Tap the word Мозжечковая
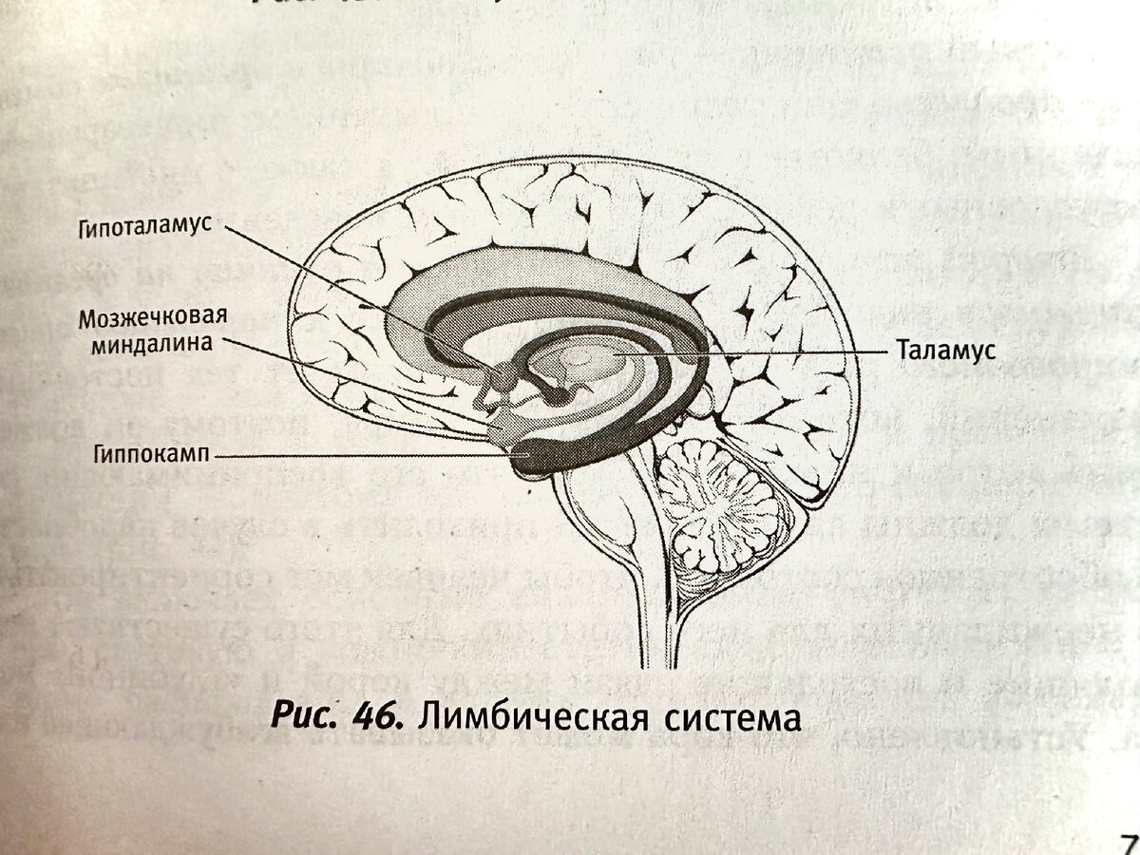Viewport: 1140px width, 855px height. point(153,317)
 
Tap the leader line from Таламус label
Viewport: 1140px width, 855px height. point(760,351)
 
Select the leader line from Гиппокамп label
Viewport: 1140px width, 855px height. point(361,457)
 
